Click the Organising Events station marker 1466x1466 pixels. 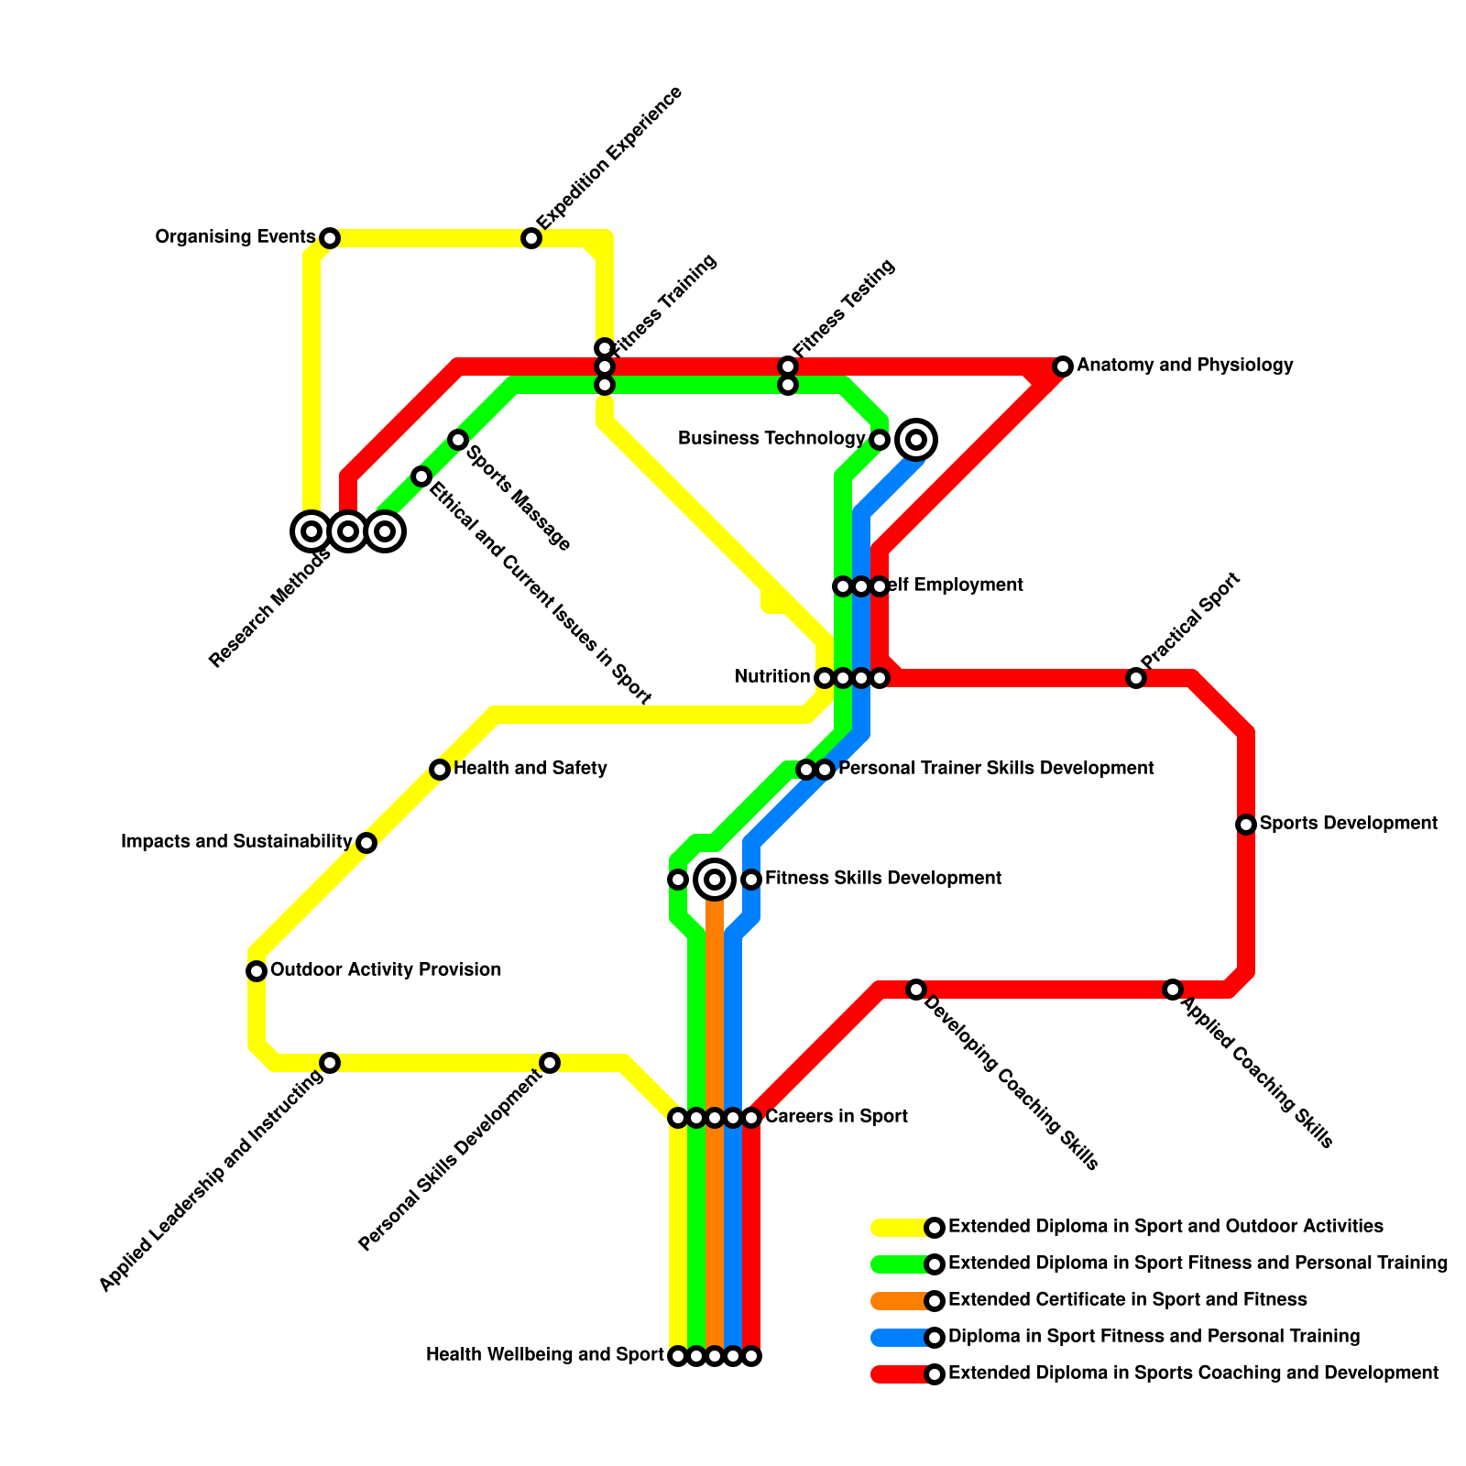(x=330, y=238)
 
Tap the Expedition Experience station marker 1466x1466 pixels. (x=531, y=238)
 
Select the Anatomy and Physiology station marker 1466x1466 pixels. (x=1063, y=366)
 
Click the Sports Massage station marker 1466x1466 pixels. (x=458, y=440)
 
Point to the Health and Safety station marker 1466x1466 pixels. (x=440, y=770)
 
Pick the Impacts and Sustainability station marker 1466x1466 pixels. (x=366, y=843)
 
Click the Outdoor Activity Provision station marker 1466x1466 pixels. (x=257, y=971)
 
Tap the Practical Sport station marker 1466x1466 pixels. (x=1136, y=678)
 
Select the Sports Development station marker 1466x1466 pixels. (x=1246, y=825)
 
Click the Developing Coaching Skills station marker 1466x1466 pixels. (x=916, y=990)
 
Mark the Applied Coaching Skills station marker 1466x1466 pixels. (x=1173, y=990)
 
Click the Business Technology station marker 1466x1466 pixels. (x=880, y=440)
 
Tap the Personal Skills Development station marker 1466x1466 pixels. (x=550, y=1063)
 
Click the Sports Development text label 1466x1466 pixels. (x=1348, y=824)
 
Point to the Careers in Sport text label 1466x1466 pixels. (x=836, y=1117)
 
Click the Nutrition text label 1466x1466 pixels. (x=772, y=677)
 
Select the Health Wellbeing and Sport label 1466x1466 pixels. (x=545, y=1355)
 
